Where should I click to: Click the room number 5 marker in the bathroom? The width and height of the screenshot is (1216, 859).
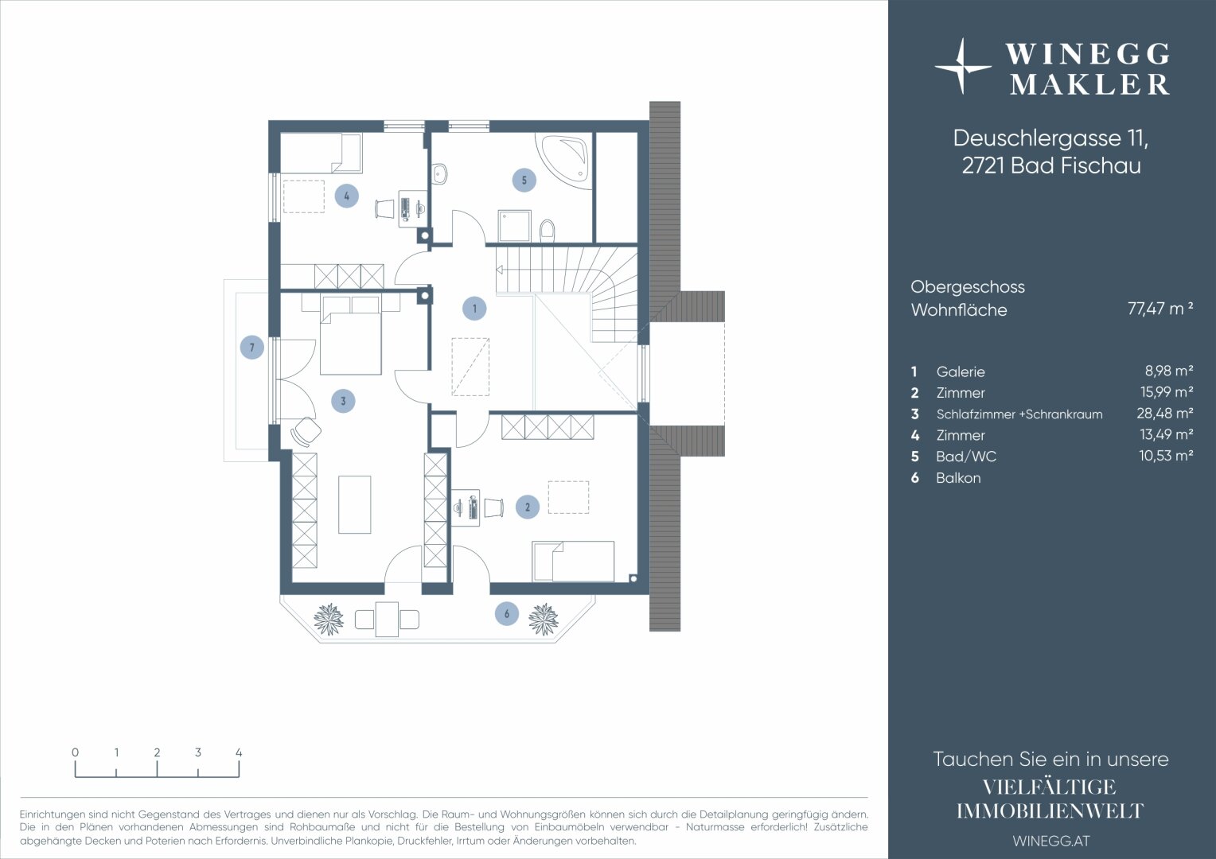pos(524,181)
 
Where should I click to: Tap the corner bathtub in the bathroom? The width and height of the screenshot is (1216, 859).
pos(564,160)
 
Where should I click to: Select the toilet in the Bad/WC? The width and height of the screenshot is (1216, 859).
pos(548,230)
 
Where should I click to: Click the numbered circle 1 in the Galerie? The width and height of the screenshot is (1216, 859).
pos(474,309)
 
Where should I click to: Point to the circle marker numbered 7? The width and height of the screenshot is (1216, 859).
pos(252,348)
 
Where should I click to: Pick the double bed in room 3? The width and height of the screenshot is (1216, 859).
pos(351,336)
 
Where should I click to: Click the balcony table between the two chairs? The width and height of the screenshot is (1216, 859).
pos(387,619)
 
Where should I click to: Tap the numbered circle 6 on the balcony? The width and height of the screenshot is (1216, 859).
pos(506,614)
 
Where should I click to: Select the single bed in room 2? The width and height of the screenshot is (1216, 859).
pos(573,561)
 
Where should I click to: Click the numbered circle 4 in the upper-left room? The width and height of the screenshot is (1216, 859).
pos(347,196)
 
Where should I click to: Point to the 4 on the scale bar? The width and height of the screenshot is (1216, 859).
pos(239,752)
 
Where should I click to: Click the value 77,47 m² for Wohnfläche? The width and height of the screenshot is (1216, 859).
pos(1160,309)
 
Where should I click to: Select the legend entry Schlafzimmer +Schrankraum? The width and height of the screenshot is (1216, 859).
pos(1019,414)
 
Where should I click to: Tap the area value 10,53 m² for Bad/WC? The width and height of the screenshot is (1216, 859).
pos(1166,456)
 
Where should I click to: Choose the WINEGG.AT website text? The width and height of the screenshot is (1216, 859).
pos(1051,841)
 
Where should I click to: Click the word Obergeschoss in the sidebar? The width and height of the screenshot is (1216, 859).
pos(968,287)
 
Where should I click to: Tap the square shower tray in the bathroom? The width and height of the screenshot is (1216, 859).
pos(514,226)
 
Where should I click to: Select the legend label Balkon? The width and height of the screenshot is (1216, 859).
pos(958,478)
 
